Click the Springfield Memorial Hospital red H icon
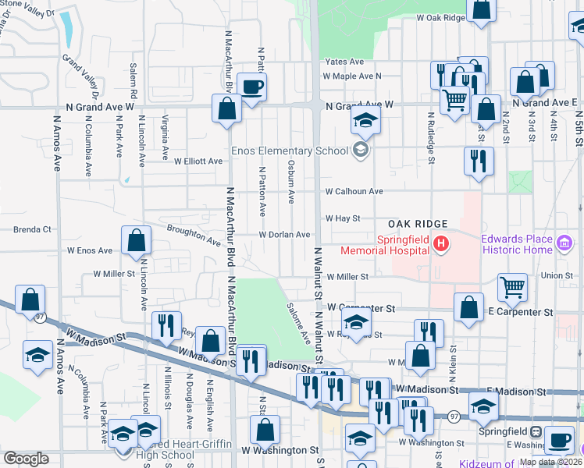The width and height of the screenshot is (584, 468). pyautogui.click(x=441, y=245)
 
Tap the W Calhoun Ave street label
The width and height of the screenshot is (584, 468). pyautogui.click(x=354, y=191)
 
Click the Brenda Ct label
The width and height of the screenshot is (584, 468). pyautogui.click(x=32, y=230)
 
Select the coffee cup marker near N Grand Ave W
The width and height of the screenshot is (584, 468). pyautogui.click(x=251, y=87)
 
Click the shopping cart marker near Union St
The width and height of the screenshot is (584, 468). pyautogui.click(x=512, y=286)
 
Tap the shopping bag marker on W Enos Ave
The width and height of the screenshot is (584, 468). pyautogui.click(x=137, y=241)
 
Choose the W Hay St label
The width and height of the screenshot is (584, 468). pyautogui.click(x=343, y=218)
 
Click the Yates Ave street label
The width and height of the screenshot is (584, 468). pyautogui.click(x=345, y=62)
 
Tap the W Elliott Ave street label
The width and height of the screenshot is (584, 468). pyautogui.click(x=198, y=161)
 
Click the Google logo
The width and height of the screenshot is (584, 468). pyautogui.click(x=26, y=459)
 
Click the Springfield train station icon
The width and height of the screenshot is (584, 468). pyautogui.click(x=536, y=431)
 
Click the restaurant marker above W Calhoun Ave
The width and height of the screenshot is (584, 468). pyautogui.click(x=477, y=161)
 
